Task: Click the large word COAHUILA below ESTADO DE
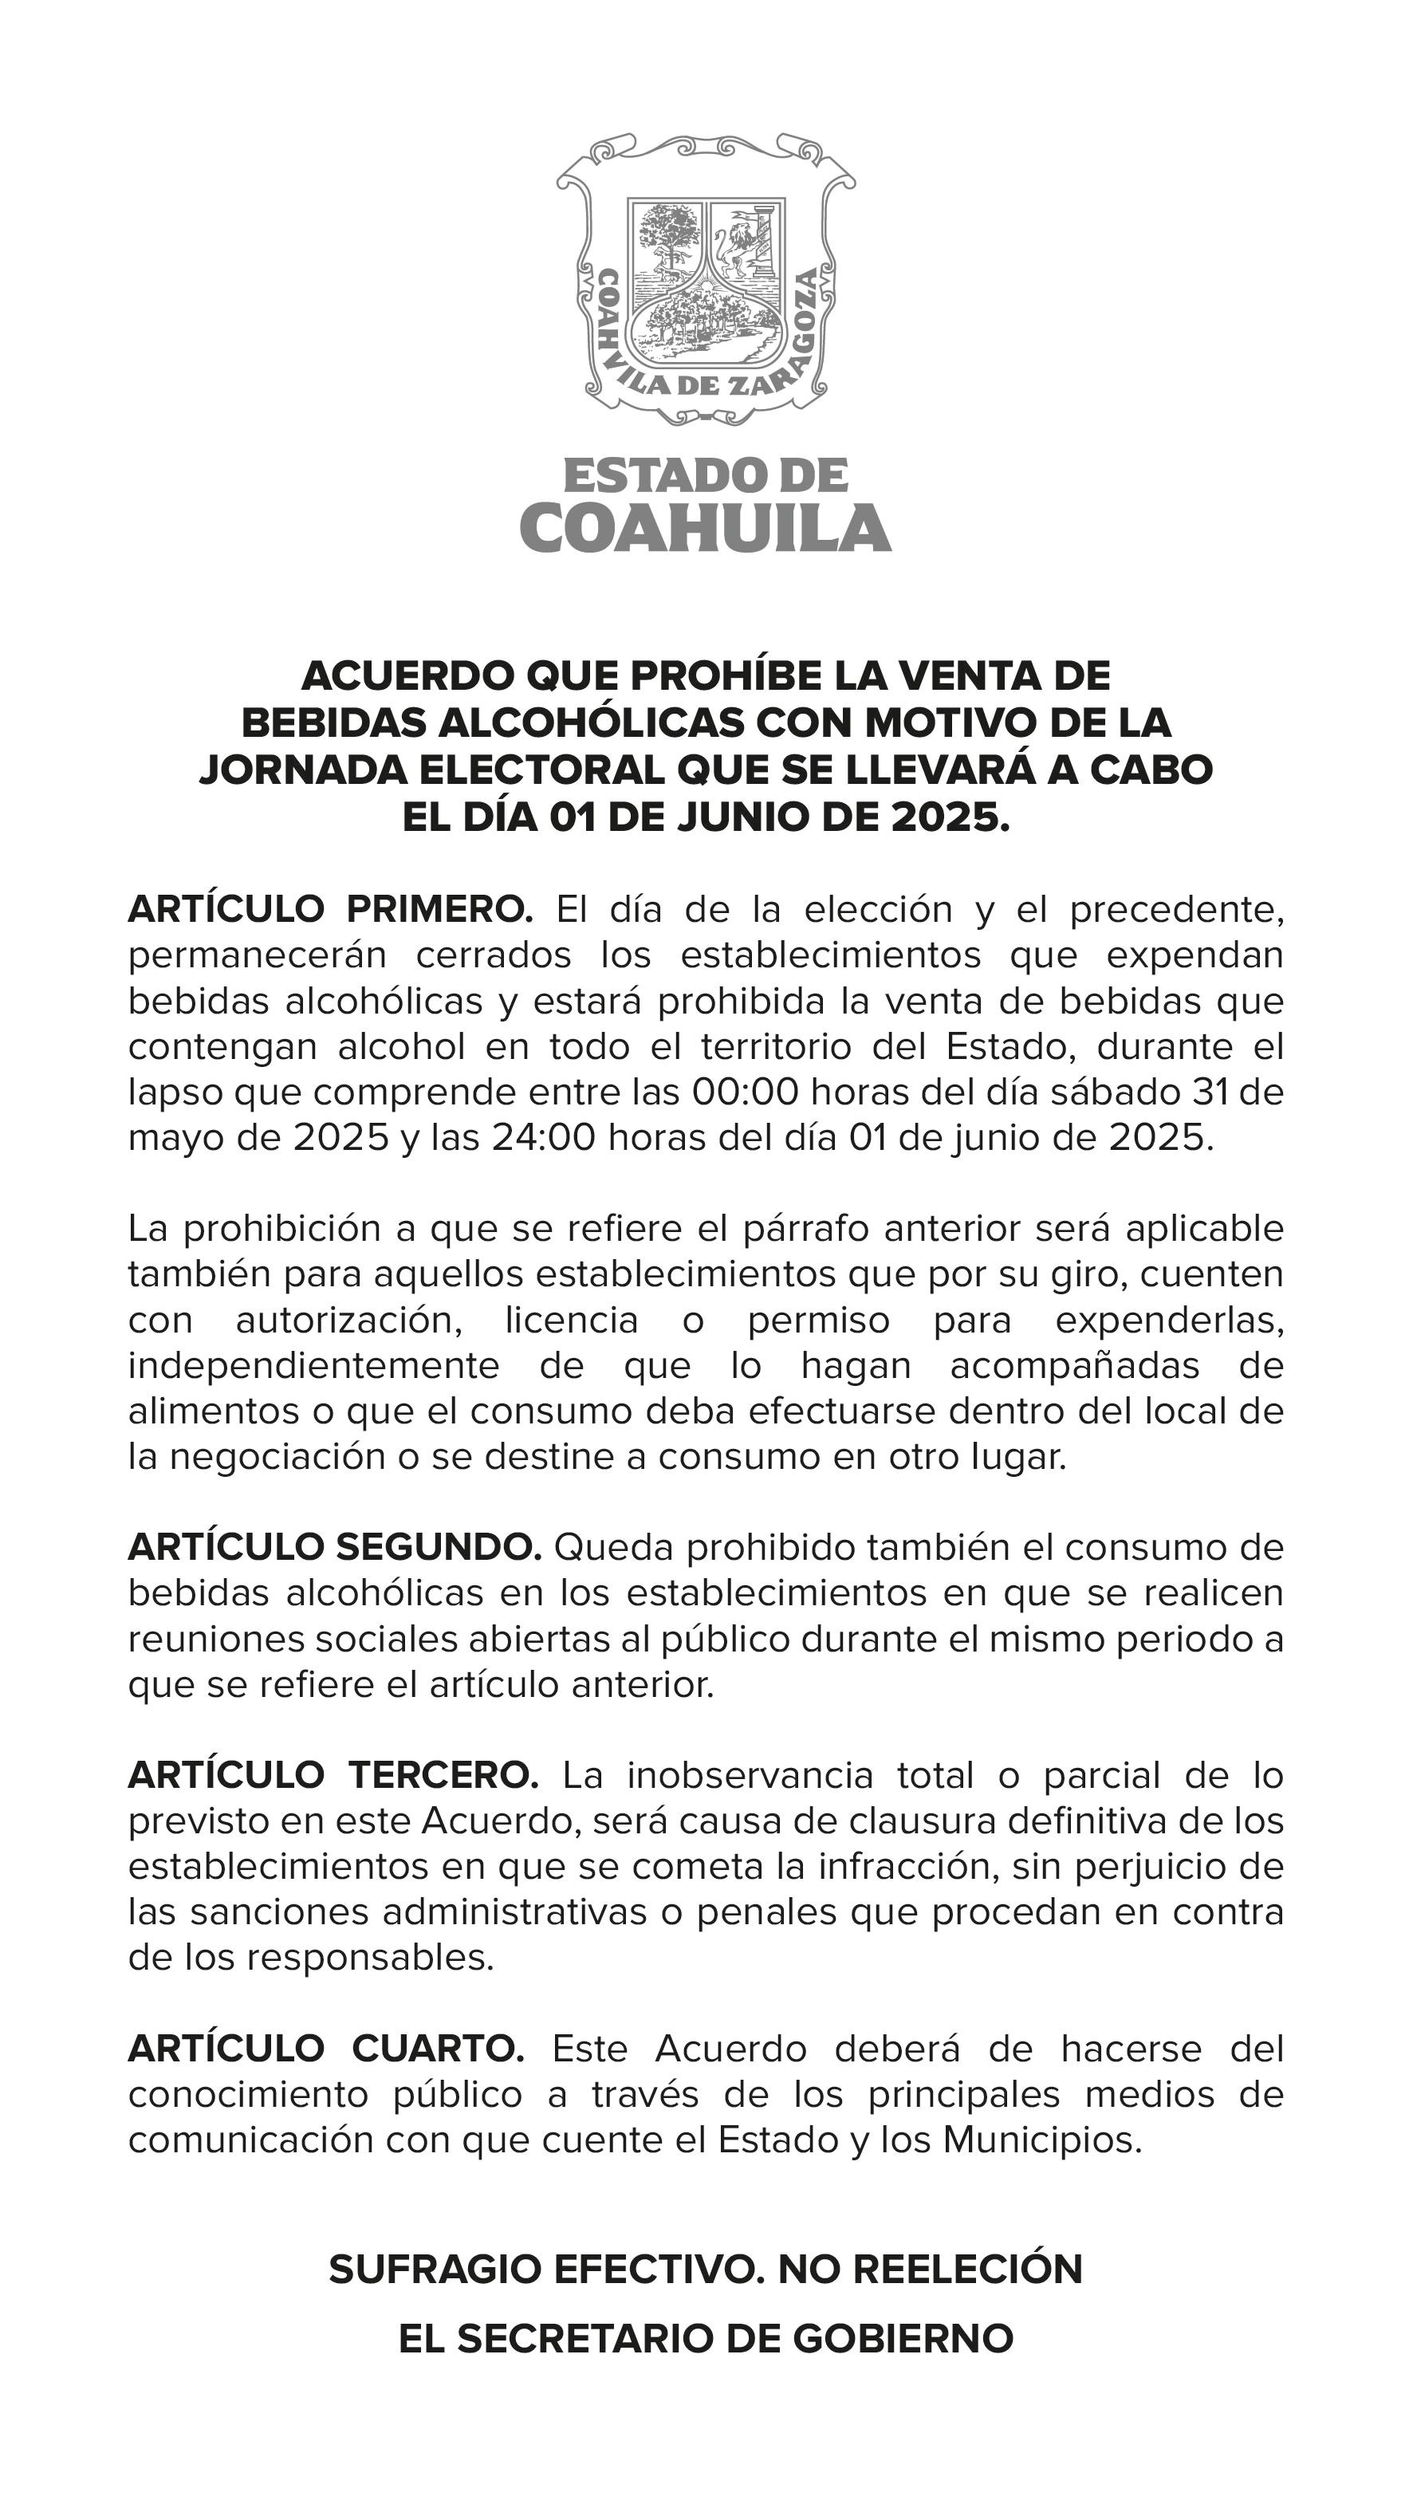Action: [706, 529]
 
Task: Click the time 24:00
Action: [544, 1137]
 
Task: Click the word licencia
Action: [572, 1320]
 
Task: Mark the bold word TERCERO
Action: [443, 1776]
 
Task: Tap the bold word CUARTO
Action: [438, 2049]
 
